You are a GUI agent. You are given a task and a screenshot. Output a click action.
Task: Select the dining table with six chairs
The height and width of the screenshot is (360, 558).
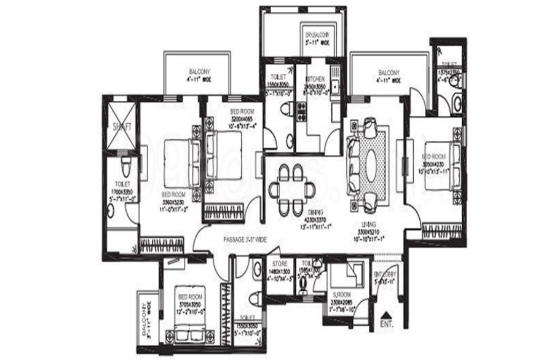point(292,189)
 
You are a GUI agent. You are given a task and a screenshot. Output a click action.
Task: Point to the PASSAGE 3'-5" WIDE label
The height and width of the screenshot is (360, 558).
point(244,239)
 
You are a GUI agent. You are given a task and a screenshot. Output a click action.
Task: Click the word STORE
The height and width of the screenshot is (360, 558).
point(280,264)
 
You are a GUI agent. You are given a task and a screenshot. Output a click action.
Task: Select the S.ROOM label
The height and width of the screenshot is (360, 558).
point(341,295)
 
